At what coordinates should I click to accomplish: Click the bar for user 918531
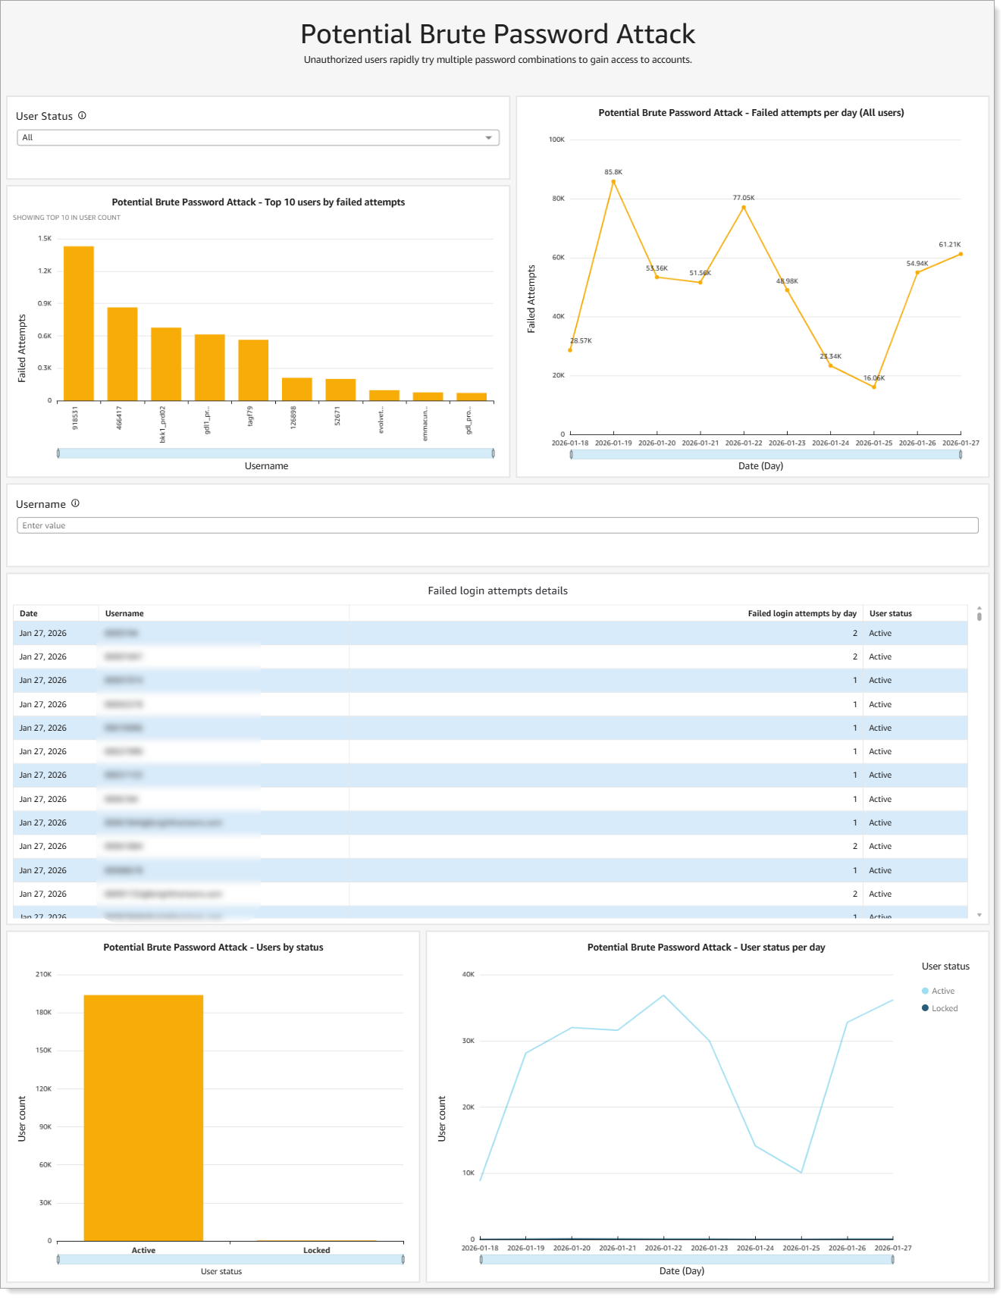pos(79,324)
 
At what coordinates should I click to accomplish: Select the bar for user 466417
pos(122,354)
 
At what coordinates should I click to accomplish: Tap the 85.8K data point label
pos(613,172)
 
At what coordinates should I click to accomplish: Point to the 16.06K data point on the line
pos(874,387)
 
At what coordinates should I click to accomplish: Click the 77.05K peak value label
pos(744,198)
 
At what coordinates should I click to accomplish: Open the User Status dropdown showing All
pos(258,138)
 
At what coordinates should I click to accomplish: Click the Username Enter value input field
pos(497,525)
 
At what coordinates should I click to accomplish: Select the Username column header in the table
pos(124,613)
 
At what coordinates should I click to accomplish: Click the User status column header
pos(891,613)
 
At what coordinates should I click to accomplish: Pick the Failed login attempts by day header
pos(802,613)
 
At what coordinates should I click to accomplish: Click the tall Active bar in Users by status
pos(143,1118)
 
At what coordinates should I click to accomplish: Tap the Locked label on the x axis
pos(317,1250)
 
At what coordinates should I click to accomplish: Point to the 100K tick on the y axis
pos(556,139)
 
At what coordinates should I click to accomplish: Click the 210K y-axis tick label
pos(43,974)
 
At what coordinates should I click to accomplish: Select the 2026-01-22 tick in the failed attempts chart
pos(744,443)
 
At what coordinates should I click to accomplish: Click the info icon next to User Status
pos(82,116)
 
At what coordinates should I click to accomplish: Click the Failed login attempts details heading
pos(497,590)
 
